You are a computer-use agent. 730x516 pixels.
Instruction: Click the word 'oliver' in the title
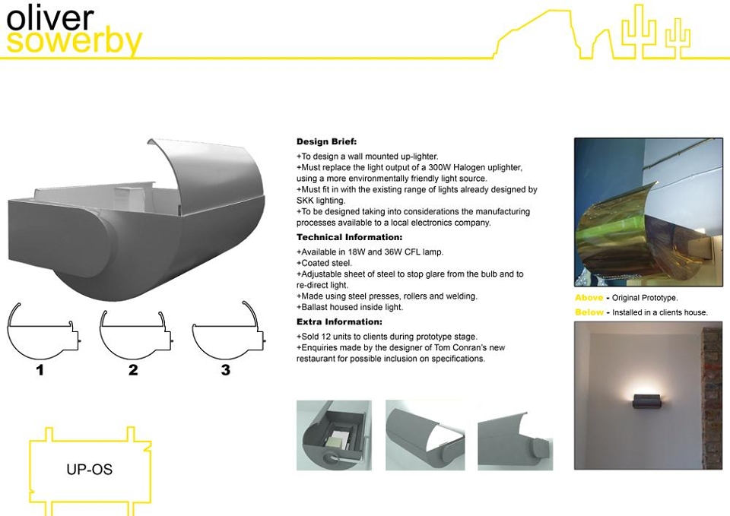[50, 17]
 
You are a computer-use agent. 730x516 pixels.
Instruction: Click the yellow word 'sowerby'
[74, 42]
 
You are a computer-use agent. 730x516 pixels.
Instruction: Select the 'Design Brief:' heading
[326, 141]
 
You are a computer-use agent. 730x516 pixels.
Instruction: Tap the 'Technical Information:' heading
[349, 237]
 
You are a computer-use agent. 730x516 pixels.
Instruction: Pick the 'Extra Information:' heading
[339, 322]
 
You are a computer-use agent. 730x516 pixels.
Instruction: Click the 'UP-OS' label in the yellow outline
[90, 469]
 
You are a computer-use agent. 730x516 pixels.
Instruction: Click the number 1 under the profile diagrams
[40, 370]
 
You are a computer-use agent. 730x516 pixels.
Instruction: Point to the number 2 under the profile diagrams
[133, 370]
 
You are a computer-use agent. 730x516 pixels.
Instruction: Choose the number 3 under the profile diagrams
[226, 370]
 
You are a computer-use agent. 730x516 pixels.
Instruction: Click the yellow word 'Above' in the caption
[589, 298]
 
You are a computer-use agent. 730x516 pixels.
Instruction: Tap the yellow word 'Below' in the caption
[589, 312]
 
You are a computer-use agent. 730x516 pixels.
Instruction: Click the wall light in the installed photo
[646, 400]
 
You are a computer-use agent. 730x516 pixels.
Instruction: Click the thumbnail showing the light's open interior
[334, 435]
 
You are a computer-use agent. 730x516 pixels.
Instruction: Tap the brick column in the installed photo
[712, 397]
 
